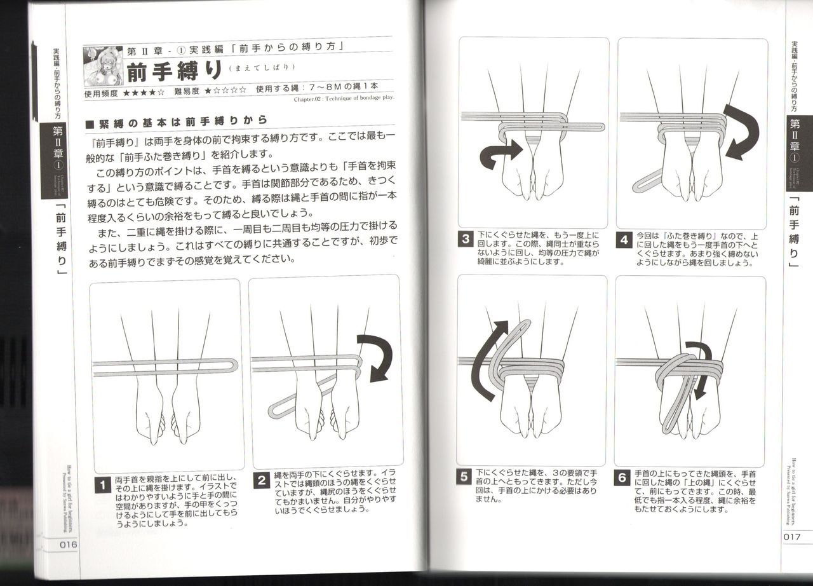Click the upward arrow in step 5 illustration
tap(492, 359)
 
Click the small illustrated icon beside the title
tap(103, 64)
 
